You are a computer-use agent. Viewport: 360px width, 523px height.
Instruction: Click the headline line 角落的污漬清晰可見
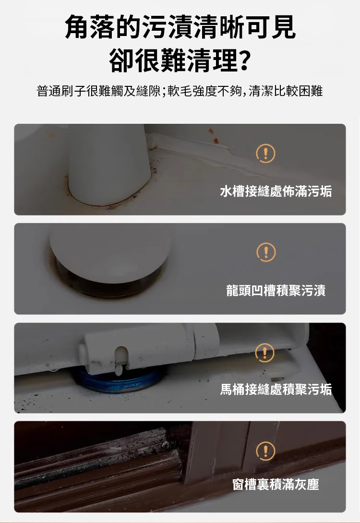point(180,27)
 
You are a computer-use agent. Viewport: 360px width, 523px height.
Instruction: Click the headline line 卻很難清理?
point(180,60)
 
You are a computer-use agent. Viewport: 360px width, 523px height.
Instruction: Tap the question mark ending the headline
point(244,61)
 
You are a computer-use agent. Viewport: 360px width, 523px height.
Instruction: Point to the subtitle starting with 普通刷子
point(180,91)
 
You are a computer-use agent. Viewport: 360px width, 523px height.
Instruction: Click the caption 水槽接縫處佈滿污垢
point(276,191)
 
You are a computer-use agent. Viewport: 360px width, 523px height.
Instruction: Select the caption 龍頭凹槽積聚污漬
point(276,290)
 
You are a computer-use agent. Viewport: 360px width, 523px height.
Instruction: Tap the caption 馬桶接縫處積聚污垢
point(276,389)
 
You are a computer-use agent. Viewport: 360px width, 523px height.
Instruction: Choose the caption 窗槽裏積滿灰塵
point(276,484)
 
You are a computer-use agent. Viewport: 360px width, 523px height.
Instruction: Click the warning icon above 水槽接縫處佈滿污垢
point(265,154)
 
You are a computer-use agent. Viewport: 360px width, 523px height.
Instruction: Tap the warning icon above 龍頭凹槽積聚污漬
point(266,252)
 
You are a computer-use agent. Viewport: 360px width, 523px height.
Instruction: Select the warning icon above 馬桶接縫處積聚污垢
point(264,352)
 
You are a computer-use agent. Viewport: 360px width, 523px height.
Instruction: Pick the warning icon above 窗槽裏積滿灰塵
point(265,451)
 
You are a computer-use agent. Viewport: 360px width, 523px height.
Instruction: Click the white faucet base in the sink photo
point(109,165)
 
